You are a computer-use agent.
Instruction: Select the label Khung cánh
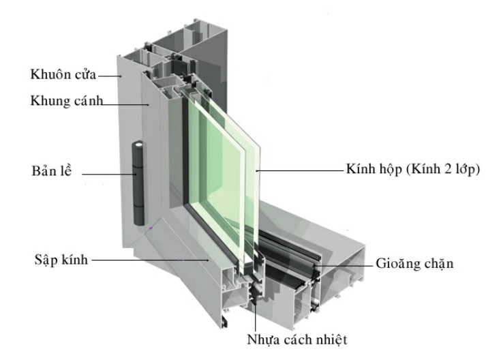[x=65, y=101]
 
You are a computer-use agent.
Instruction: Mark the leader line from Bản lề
[x=109, y=174]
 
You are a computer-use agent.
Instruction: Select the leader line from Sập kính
[x=150, y=260]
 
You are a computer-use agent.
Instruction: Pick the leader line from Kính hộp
[x=300, y=170]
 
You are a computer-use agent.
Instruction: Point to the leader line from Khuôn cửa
[x=109, y=75]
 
